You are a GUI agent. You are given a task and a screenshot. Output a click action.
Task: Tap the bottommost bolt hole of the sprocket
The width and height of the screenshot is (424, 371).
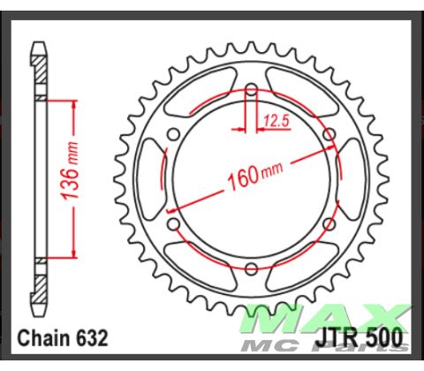click(x=251, y=268)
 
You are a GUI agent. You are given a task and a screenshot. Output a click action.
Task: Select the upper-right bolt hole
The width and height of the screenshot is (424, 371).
click(x=328, y=135)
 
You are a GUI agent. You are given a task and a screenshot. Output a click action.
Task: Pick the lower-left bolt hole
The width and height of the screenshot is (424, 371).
click(x=174, y=223)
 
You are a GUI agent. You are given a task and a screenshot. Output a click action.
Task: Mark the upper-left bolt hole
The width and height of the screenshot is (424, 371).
click(x=174, y=135)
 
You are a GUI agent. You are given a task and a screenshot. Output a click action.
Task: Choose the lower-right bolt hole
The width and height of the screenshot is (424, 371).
click(x=328, y=223)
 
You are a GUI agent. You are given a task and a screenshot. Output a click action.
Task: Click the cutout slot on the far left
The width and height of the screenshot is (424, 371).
click(x=150, y=179)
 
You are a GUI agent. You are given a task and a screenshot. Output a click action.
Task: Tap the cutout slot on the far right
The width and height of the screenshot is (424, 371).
click(x=352, y=179)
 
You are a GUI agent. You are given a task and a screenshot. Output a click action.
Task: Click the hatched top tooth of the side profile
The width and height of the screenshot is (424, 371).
click(x=39, y=62)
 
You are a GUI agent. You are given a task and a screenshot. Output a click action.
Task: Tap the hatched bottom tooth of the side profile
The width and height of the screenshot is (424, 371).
click(x=39, y=296)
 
